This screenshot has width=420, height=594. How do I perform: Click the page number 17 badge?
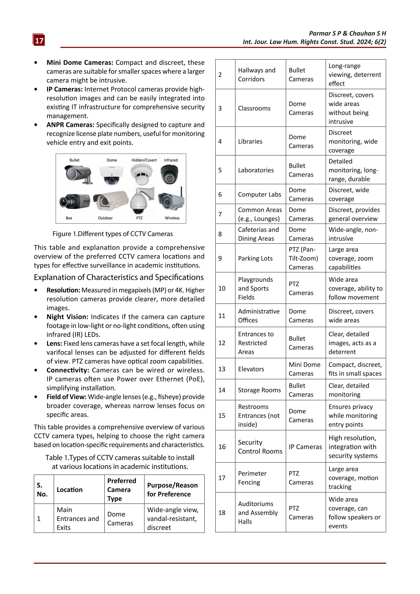(x=39, y=40)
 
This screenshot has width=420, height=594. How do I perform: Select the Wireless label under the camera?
(x=172, y=218)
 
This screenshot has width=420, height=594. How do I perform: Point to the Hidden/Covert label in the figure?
(x=144, y=160)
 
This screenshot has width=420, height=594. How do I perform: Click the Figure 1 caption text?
(x=113, y=234)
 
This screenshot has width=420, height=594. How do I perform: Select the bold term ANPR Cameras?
(x=70, y=125)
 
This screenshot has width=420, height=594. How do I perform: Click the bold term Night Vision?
(x=67, y=317)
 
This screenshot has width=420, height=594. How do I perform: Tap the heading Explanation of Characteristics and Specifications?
(x=119, y=277)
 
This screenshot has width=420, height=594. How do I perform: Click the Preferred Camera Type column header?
(x=122, y=490)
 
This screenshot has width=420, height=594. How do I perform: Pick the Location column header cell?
(x=70, y=490)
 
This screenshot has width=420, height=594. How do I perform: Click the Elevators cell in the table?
(x=251, y=369)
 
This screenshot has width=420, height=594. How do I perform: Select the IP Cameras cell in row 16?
(x=305, y=447)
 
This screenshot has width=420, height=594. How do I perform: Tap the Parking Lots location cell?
(x=255, y=258)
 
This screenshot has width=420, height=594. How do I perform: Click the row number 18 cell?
(x=222, y=513)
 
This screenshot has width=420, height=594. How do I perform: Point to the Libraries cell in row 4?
(x=250, y=142)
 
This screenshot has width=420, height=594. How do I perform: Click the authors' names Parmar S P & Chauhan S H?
(x=347, y=33)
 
